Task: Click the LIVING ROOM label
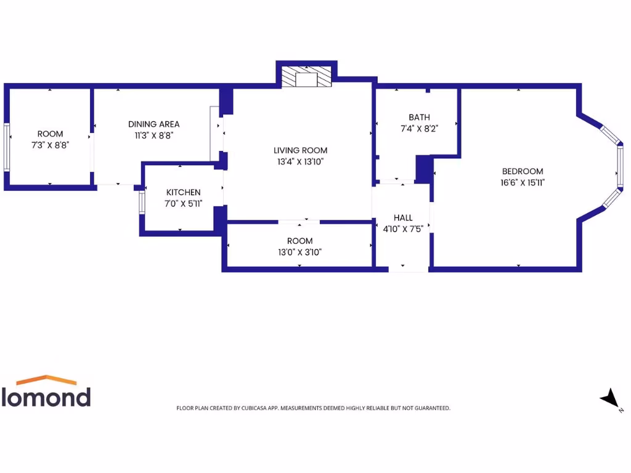point(301,150)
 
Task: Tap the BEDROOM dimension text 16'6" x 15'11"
point(523,182)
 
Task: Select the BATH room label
point(419,117)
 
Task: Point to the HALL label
point(403,218)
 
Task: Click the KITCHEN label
point(183,193)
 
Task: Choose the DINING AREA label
point(154,124)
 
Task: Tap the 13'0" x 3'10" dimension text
point(300,252)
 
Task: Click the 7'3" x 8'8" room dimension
point(50,145)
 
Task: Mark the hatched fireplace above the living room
point(306,77)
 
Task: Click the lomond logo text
point(46,397)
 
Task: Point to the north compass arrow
point(610,398)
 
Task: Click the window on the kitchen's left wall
point(142,202)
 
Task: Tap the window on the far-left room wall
point(6,147)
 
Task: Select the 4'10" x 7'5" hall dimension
point(403,229)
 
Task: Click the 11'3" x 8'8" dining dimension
point(154,135)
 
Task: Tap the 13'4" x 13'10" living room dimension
point(301,162)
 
